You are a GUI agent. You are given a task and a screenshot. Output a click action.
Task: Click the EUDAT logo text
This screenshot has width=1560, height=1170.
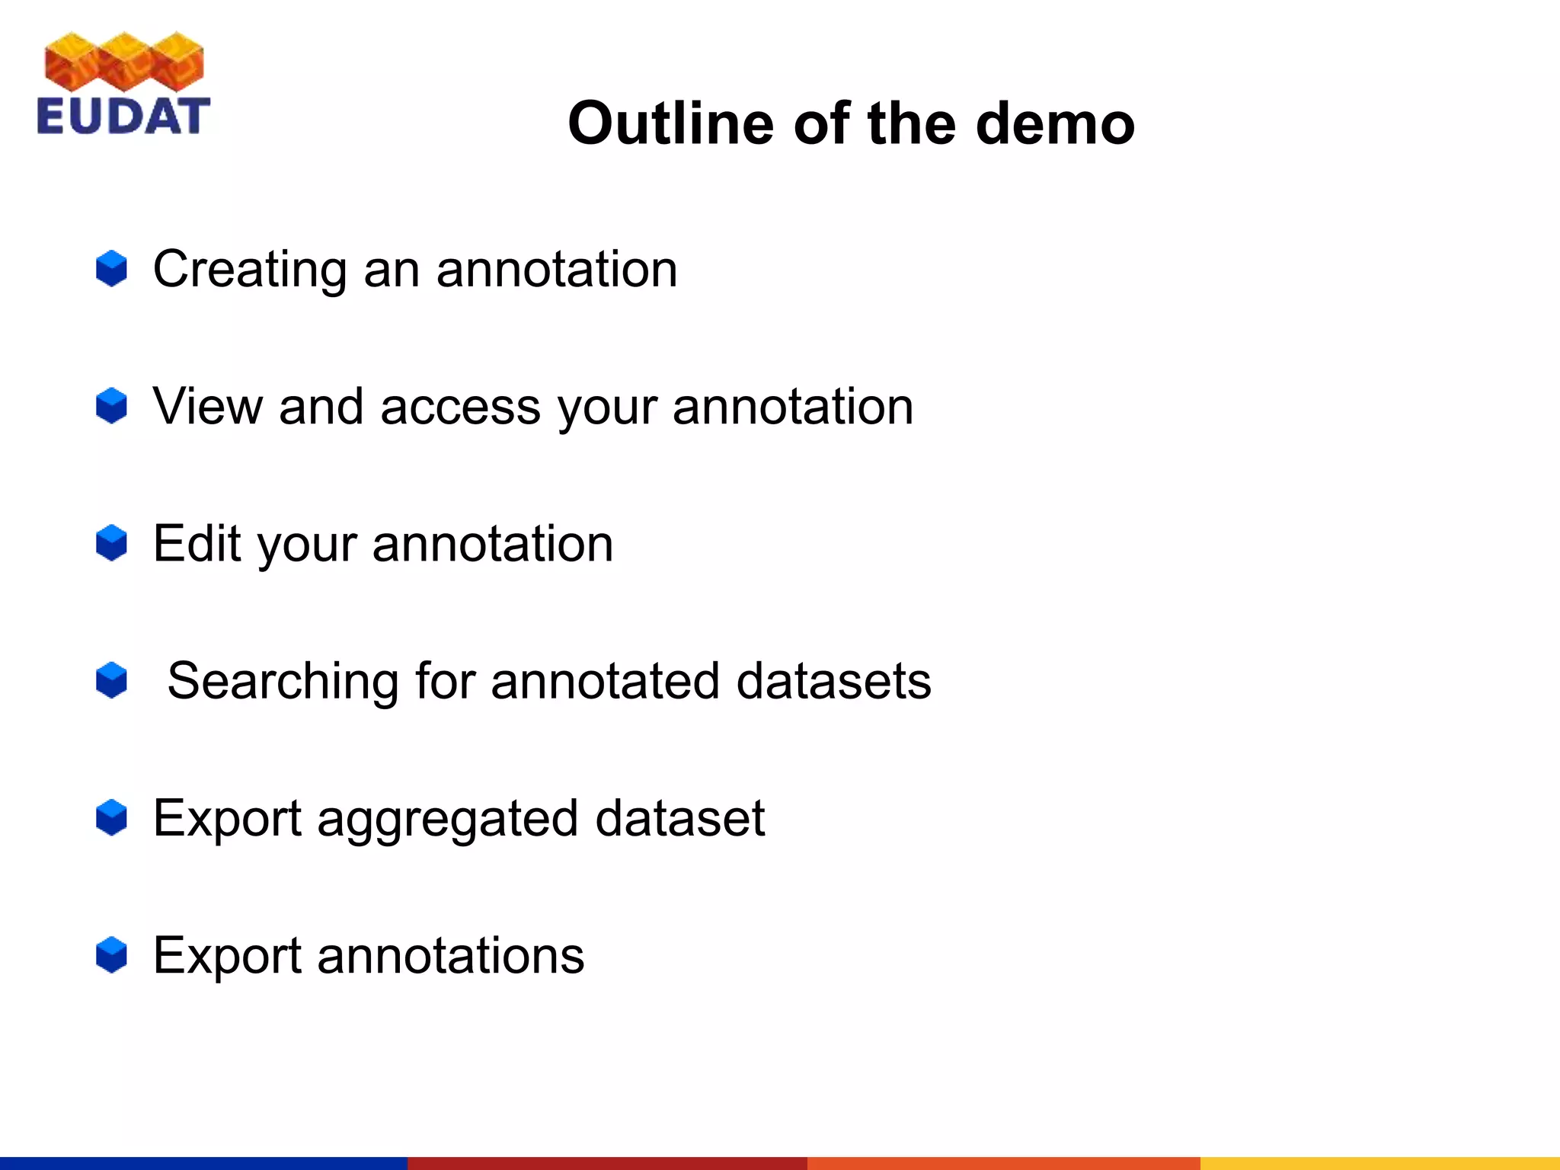pos(123,116)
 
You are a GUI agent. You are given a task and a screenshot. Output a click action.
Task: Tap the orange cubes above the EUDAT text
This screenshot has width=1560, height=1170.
pos(124,62)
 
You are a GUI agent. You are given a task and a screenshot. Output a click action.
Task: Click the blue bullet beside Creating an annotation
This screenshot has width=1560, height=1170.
pos(111,269)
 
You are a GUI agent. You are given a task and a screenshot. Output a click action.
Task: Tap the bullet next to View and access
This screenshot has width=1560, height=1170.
pos(111,406)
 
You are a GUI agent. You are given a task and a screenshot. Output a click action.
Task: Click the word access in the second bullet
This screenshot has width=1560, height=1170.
pos(460,407)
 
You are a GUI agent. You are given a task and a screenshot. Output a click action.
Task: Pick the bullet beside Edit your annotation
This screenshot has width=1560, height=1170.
pos(111,543)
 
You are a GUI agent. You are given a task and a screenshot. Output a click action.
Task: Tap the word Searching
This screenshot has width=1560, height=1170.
pos(283,682)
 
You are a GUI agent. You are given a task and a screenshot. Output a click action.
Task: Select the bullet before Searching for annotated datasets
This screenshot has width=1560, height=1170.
pos(111,680)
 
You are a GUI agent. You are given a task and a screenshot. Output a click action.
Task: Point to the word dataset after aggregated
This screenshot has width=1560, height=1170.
pos(679,818)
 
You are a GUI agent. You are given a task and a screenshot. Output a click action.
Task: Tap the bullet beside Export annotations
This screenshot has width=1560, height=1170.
pos(111,955)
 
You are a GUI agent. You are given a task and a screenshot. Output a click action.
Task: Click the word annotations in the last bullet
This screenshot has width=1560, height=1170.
pos(450,956)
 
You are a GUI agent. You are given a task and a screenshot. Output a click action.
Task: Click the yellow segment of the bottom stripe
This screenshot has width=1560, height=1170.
pos(1379,1163)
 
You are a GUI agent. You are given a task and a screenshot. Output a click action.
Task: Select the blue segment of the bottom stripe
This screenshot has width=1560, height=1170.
pos(203,1163)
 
